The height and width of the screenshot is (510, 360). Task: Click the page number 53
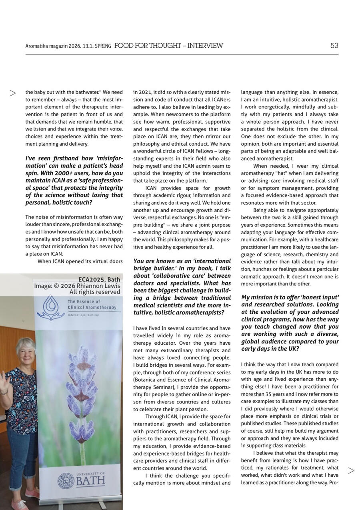(334, 46)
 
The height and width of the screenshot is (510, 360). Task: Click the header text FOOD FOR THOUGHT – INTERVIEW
(168, 46)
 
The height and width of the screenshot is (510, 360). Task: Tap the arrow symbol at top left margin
(13, 93)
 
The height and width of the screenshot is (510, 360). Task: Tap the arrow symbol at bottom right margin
(351, 471)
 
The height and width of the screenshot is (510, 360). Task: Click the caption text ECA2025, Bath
(99, 279)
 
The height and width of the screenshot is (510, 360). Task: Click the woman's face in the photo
(26, 350)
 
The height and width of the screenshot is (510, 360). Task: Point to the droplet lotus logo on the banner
(50, 307)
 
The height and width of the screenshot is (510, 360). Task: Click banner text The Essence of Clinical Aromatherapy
(92, 305)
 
